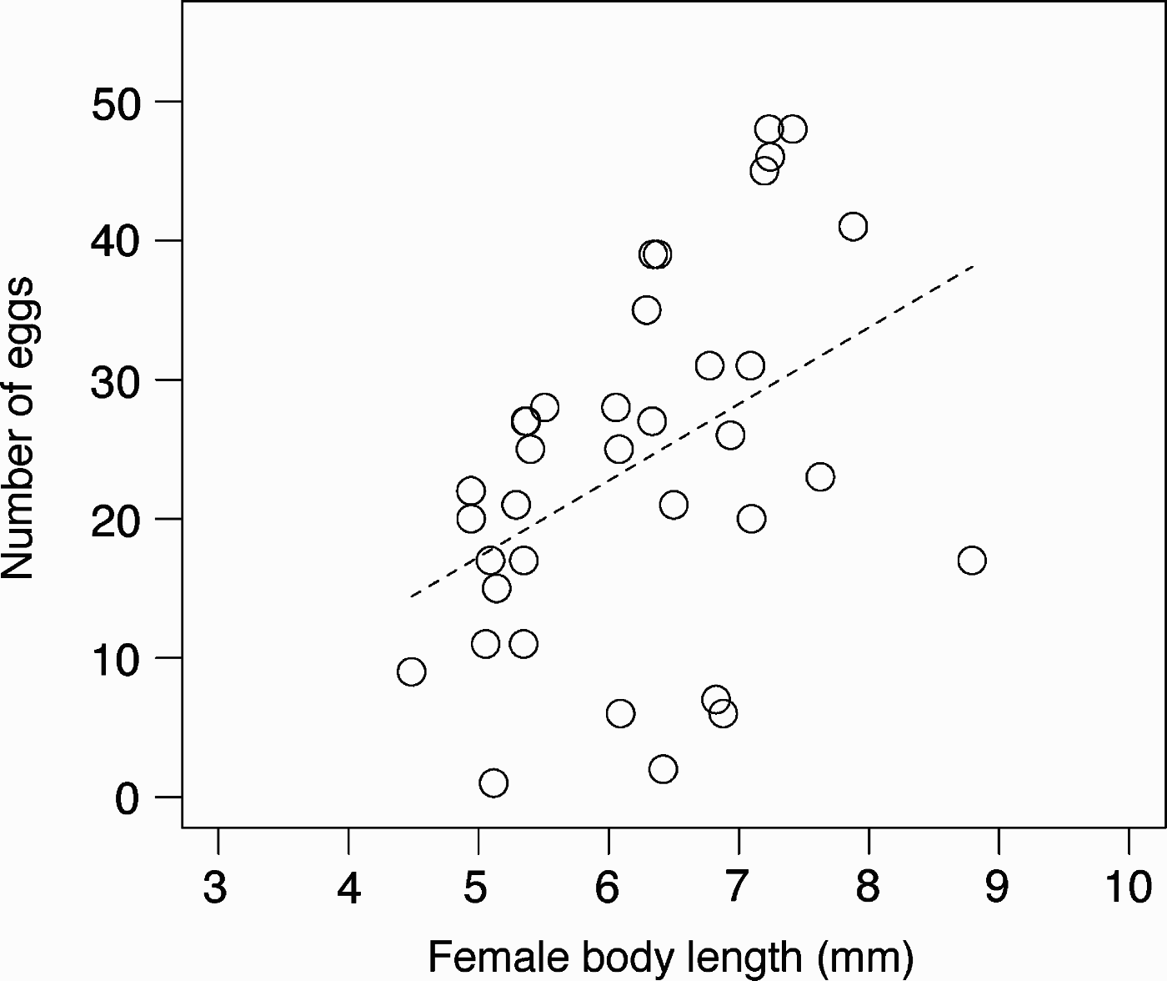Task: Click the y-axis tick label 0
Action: tap(128, 799)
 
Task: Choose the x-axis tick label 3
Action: tap(215, 888)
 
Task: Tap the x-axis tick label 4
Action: tap(348, 888)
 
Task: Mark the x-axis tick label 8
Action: tap(869, 888)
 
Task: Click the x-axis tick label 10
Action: tap(1129, 888)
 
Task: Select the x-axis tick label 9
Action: tap(998, 888)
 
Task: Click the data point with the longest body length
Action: tap(972, 561)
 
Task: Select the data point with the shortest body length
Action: tap(412, 672)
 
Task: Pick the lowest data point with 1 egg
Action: tap(493, 783)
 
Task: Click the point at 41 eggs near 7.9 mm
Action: tap(853, 226)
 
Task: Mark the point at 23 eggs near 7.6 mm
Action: tap(820, 477)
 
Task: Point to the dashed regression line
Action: tap(692, 430)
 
